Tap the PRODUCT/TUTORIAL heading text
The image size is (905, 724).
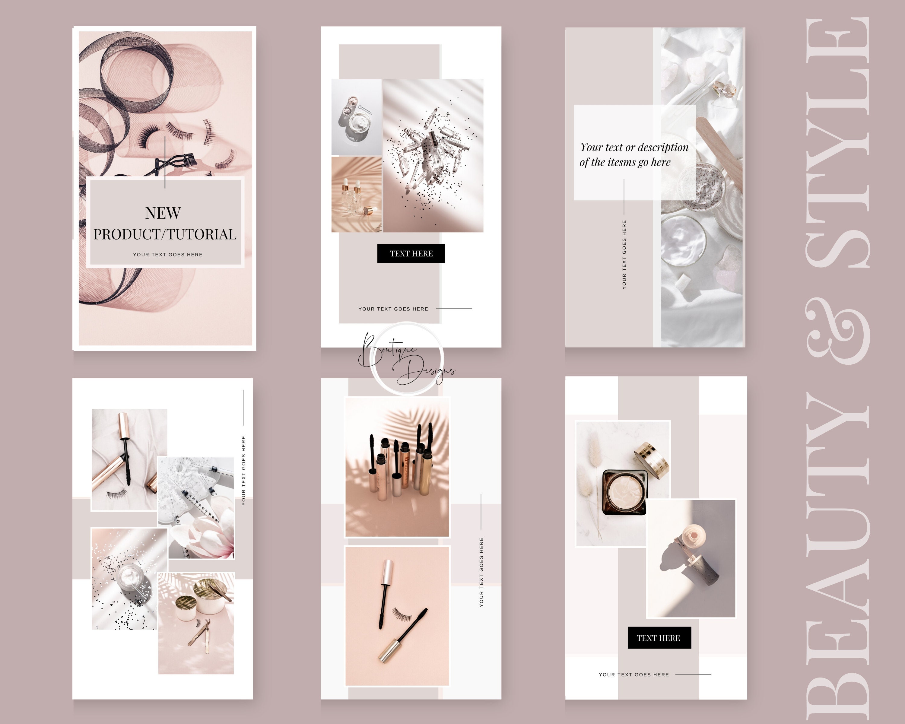(165, 234)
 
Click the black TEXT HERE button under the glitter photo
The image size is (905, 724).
(411, 253)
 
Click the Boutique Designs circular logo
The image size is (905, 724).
(406, 359)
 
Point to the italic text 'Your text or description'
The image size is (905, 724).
(634, 147)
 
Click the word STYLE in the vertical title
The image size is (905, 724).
(837, 143)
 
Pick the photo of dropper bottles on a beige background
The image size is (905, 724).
(356, 194)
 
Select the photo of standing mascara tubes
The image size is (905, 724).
(397, 467)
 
